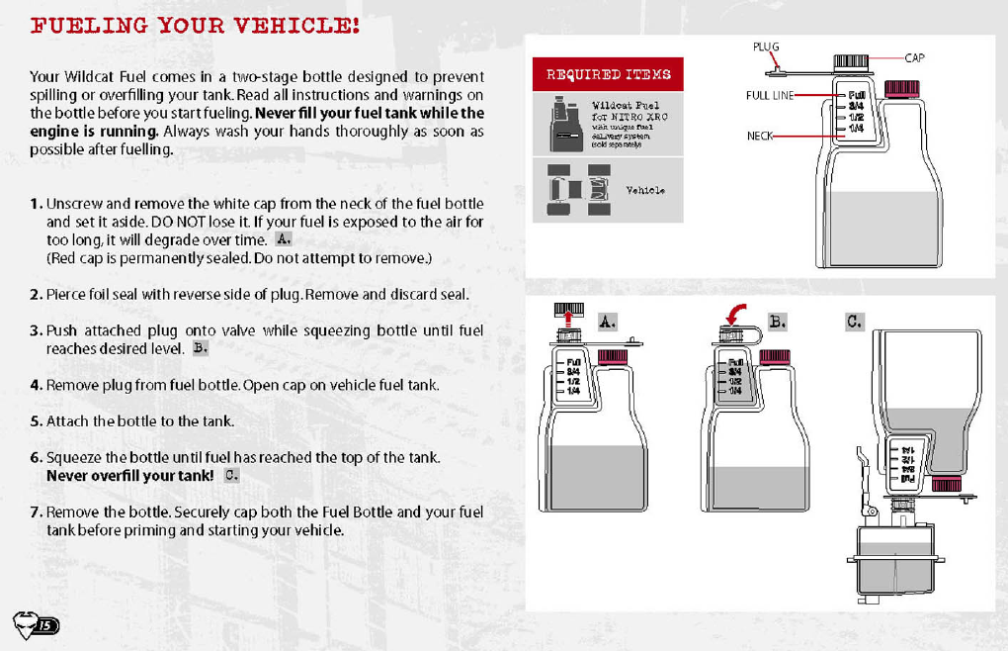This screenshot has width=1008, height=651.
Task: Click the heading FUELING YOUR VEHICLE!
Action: pos(195,26)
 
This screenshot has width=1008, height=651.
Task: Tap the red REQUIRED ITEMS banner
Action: pos(608,74)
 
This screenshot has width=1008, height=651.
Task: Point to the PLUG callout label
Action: pos(766,46)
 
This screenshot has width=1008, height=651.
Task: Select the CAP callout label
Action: pos(914,58)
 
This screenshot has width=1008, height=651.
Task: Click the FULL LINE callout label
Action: pos(769,96)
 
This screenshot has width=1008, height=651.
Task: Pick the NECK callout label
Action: pos(759,136)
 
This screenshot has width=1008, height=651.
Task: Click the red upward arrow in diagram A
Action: pos(569,316)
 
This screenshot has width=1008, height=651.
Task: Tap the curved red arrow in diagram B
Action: pos(734,313)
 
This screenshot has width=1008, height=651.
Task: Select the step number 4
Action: pos(36,385)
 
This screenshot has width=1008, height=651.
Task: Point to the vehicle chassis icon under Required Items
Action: pos(572,189)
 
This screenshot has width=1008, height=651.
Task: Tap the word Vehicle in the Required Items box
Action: pos(645,190)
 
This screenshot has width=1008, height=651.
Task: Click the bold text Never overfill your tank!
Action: pos(129,476)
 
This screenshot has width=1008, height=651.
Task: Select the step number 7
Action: pos(36,511)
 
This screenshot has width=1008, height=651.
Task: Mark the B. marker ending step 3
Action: pos(200,348)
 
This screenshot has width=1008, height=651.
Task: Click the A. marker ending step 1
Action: pos(284,239)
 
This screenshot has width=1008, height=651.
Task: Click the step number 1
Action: pos(36,204)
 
